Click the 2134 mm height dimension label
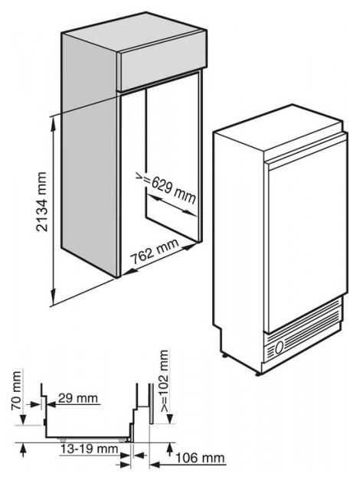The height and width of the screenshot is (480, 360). pos(41,201)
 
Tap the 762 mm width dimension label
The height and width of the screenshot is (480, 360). pos(155,252)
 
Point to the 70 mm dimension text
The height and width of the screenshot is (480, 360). pos(16,390)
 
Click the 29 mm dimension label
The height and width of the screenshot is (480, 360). pos(78,398)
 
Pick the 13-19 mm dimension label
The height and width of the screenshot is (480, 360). pos(89,449)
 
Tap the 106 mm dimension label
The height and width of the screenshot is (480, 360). pos(200,458)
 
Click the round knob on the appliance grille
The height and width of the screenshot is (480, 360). pos(279,348)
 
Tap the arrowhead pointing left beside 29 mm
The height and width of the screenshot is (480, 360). pos(51,404)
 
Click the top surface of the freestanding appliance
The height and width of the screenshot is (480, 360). pos(277,128)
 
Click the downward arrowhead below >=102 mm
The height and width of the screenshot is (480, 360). pos(170,418)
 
